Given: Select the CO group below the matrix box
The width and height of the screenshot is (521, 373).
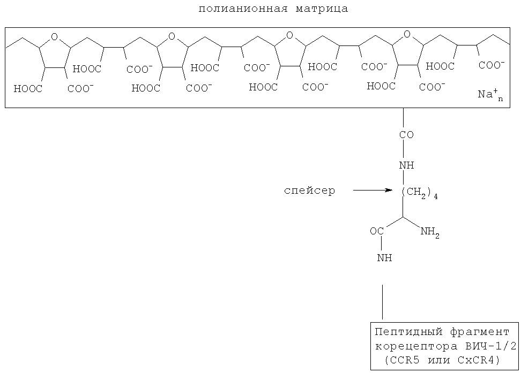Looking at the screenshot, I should coord(406,135).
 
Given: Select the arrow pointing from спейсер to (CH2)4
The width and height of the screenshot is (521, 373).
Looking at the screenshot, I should coord(374,190).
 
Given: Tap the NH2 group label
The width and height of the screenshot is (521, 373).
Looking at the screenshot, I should coord(430,232).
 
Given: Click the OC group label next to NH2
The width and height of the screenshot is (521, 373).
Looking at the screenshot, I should coord(377,232).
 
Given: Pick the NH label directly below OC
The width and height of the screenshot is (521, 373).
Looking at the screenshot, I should coord(384,258).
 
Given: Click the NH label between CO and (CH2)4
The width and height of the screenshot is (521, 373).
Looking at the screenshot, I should coord(406,165).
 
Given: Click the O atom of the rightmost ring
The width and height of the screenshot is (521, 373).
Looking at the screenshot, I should coord(407,36).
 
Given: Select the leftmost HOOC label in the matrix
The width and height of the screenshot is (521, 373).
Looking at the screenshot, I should coord(28,89).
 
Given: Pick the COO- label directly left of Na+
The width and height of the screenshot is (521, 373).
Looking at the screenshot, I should coord(431,87).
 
